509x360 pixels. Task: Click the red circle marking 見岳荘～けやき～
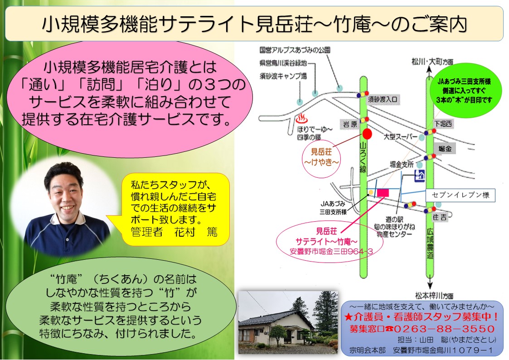pyautogui.click(x=367, y=133)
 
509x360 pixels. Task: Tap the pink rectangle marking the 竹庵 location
pyautogui.click(x=383, y=193)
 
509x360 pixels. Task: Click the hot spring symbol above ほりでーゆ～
pyautogui.click(x=301, y=118)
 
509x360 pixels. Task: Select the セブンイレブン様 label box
pyautogui.click(x=461, y=195)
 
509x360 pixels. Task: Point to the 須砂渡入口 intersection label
pyautogui.click(x=383, y=99)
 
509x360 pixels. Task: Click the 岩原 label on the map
pyautogui.click(x=350, y=124)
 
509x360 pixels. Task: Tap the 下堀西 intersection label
pyautogui.click(x=443, y=124)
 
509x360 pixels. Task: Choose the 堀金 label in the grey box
pyautogui.click(x=445, y=149)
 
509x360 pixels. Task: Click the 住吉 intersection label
pyautogui.click(x=440, y=217)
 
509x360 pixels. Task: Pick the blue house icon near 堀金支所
pyautogui.click(x=420, y=176)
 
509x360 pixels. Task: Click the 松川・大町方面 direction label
pyautogui.click(x=432, y=61)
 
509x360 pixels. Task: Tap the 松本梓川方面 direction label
pyautogui.click(x=434, y=296)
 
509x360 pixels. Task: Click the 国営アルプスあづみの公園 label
pyautogui.click(x=295, y=50)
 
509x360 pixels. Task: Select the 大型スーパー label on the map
pyautogui.click(x=401, y=136)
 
